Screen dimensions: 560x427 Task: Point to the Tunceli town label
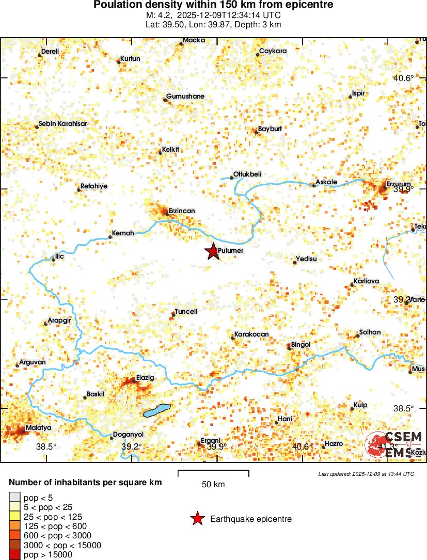click(x=186, y=311)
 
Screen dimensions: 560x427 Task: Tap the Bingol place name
click(x=301, y=344)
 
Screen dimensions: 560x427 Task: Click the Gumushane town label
click(x=185, y=97)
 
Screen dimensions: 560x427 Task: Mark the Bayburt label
click(x=270, y=129)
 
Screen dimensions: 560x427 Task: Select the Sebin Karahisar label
click(x=62, y=124)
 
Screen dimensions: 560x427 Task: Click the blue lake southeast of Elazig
click(x=156, y=410)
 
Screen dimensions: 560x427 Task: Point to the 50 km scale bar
click(x=213, y=472)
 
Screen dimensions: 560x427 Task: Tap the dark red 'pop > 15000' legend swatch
click(x=15, y=555)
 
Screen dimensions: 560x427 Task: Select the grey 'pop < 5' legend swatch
click(x=15, y=498)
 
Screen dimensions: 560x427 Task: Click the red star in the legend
click(x=197, y=519)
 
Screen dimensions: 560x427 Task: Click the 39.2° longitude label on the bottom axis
click(x=131, y=446)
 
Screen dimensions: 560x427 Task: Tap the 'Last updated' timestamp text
click(x=366, y=474)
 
